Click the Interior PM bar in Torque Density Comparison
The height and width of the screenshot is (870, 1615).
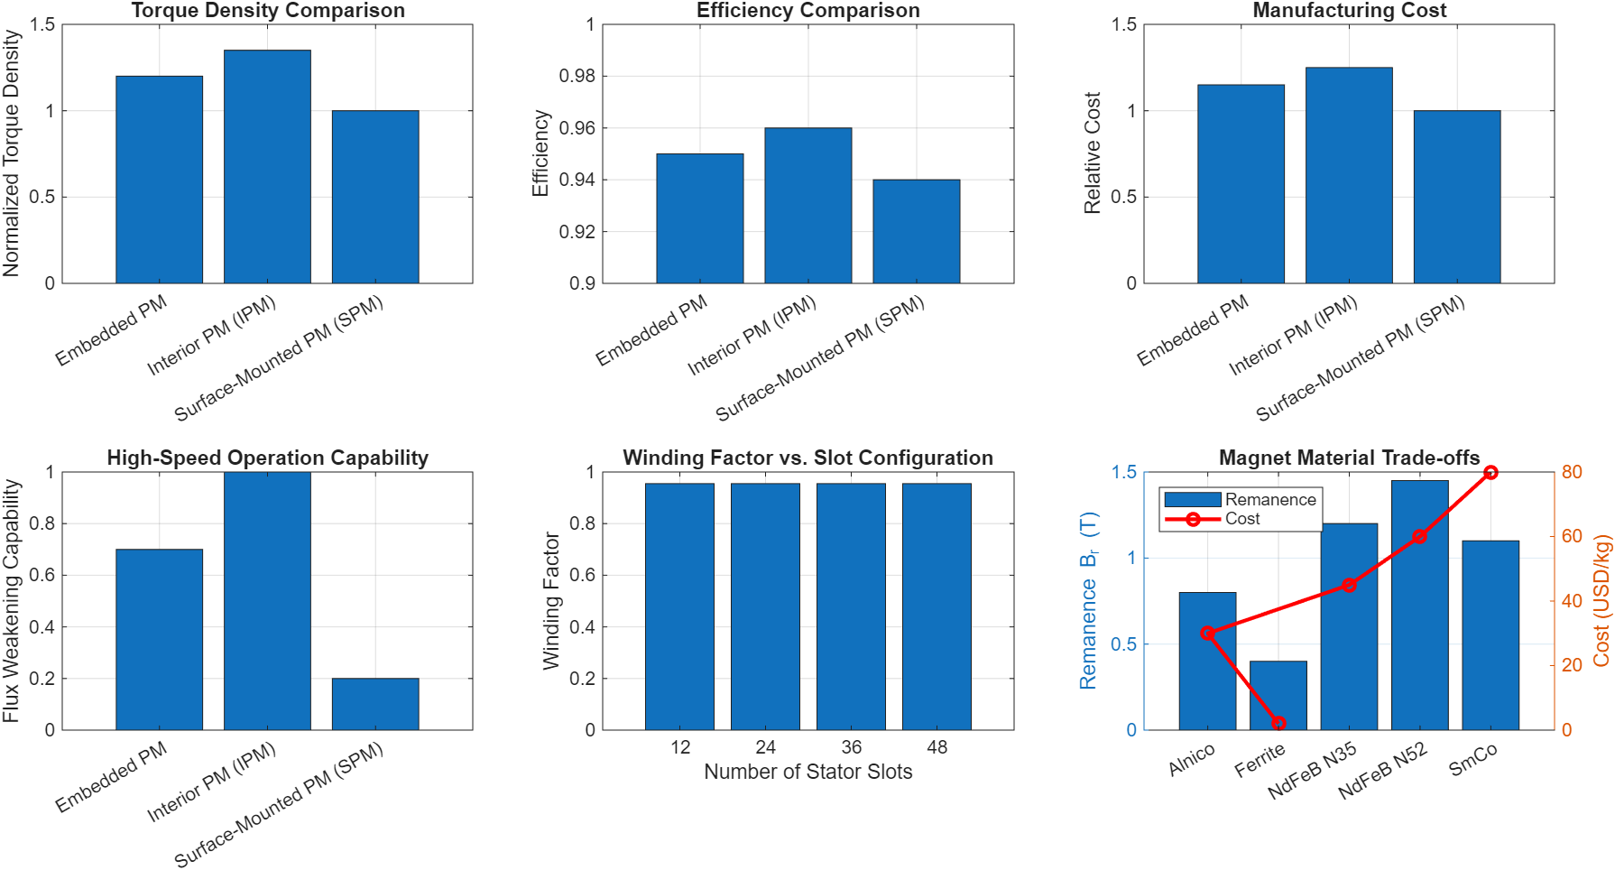coord(267,167)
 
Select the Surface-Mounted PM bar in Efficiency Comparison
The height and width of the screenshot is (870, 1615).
coord(916,232)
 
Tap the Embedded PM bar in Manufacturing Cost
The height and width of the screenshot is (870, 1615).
coord(1241,184)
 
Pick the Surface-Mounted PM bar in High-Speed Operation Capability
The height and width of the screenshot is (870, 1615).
coord(375,704)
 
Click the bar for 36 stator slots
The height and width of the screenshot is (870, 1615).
coord(851,606)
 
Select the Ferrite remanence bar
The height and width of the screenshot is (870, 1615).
coord(1278,695)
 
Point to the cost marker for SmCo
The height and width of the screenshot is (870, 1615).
coord(1490,473)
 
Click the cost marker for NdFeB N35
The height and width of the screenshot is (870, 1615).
coord(1349,585)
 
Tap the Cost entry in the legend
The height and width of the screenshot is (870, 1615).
coord(1241,519)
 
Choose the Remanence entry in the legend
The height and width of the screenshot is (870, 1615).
coord(1269,500)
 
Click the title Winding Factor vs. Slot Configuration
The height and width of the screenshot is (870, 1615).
coord(807,458)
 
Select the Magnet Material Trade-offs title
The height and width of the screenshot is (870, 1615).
coord(1349,458)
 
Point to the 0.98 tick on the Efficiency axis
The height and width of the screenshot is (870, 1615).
coord(577,76)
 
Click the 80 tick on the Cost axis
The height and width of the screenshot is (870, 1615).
coord(1572,472)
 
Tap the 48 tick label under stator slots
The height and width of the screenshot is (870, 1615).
coord(937,747)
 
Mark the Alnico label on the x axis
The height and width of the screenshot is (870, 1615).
coord(1192,760)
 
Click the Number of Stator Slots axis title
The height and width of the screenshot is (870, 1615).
coord(807,772)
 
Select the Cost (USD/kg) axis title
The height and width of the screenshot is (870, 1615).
coord(1601,601)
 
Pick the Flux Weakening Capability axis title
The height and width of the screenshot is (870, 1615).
coord(11,601)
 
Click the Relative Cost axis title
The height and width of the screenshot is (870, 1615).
coord(1093,153)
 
